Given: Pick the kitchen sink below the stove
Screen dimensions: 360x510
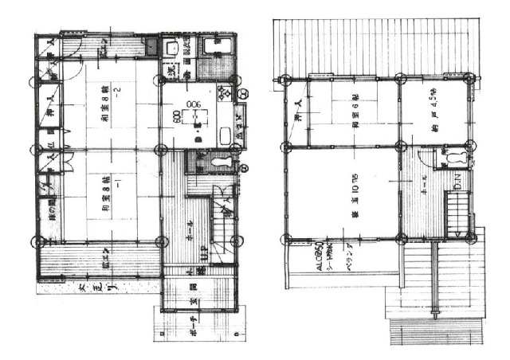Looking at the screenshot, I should [x=224, y=133].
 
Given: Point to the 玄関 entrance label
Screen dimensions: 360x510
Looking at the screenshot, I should [x=194, y=300].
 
